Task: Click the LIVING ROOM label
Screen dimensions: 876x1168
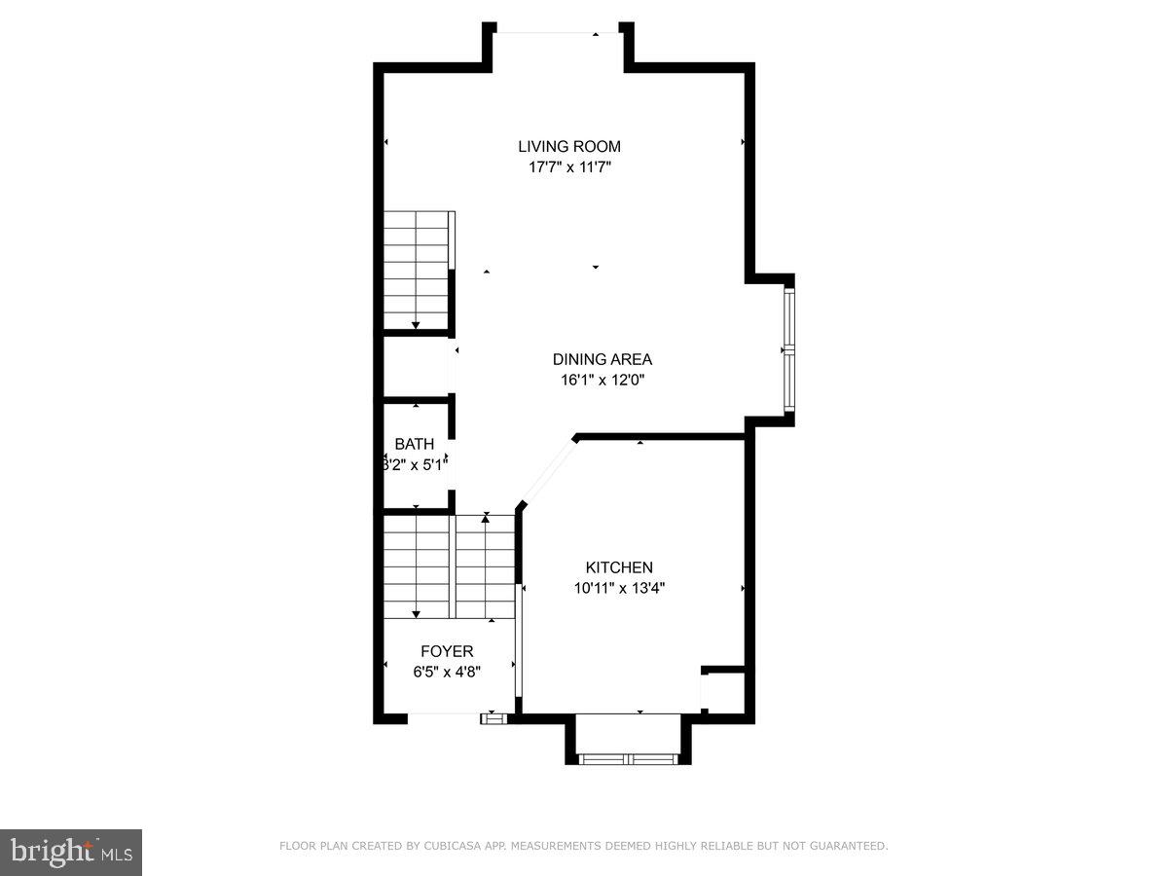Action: pos(569,146)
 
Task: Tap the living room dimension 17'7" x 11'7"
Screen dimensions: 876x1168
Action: pos(569,166)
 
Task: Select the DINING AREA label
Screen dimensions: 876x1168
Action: pos(602,359)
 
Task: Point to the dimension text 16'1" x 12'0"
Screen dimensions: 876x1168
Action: pos(602,380)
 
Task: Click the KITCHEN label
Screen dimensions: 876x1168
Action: pos(619,567)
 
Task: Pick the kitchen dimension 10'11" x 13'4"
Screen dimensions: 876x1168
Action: pos(619,588)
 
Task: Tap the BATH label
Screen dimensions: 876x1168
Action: pos(415,444)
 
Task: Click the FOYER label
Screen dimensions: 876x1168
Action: pos(447,651)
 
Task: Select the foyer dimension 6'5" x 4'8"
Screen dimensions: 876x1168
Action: pos(447,672)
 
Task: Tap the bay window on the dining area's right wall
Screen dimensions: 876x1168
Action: pos(789,350)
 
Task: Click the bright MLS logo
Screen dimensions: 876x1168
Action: pos(71,853)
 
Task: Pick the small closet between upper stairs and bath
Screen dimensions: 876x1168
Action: pos(416,366)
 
